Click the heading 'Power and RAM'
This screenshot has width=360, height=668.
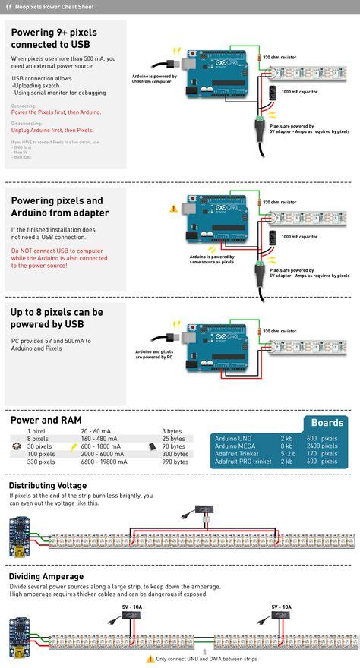point(46,419)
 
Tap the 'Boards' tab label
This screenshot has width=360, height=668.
point(327,423)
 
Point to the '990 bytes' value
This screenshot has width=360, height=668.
point(175,461)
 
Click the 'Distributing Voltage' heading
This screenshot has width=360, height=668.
point(48,485)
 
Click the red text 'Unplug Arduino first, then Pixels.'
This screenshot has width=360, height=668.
point(52,130)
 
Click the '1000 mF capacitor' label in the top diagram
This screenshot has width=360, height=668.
point(299,91)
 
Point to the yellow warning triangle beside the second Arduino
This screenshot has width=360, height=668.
point(173,207)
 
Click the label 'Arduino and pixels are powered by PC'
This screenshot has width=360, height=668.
point(154,354)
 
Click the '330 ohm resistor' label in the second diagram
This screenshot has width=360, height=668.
point(279,202)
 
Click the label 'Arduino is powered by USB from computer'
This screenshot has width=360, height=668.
point(154,79)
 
